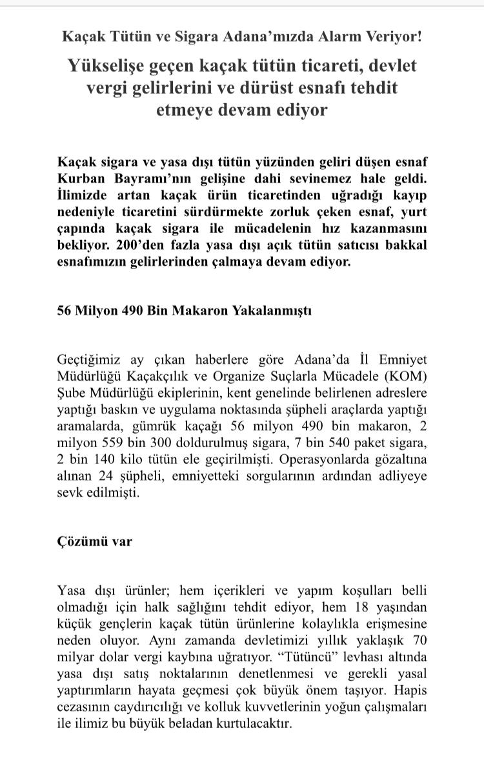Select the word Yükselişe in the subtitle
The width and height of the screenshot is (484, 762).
click(x=107, y=65)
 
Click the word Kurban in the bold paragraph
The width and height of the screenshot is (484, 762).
click(x=81, y=177)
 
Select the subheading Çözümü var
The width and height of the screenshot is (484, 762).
click(x=95, y=541)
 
